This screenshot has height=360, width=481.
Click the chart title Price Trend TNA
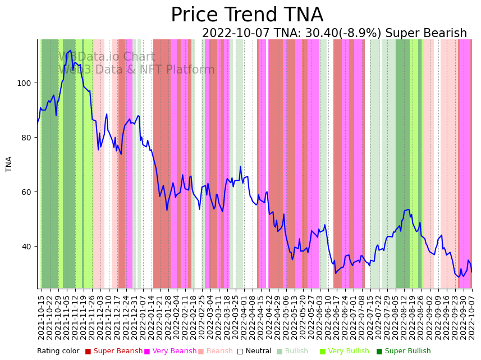(247, 15)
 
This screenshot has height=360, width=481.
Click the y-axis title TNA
(9, 164)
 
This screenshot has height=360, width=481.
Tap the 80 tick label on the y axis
(28, 138)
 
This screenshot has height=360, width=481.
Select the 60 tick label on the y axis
(28, 192)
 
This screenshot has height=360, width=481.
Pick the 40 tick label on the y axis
(28, 247)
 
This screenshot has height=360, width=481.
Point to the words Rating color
(58, 352)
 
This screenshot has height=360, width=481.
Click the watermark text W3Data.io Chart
(107, 57)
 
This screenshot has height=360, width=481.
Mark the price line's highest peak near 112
(70, 51)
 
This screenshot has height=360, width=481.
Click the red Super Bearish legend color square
(88, 352)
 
